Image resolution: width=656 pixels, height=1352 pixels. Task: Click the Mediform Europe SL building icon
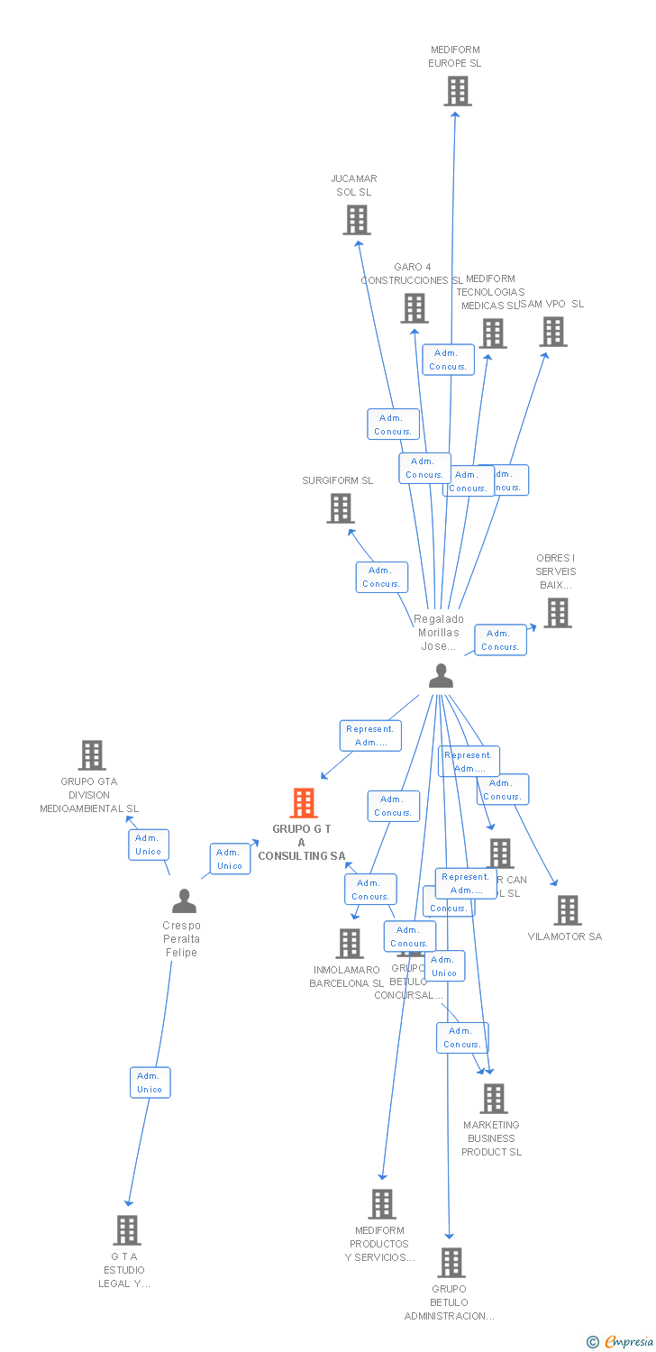458,91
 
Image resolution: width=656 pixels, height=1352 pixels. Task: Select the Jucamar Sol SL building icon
357,220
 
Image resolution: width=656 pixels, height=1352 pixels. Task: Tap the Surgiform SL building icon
341,509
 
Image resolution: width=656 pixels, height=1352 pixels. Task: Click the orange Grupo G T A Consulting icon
304,803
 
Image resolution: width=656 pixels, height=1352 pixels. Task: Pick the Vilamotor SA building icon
568,910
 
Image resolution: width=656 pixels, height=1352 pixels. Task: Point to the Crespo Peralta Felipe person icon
184,900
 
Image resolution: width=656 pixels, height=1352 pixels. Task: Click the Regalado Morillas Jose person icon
441,676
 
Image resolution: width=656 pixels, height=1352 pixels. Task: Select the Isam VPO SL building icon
553,332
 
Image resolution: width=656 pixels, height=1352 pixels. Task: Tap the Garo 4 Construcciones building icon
415,308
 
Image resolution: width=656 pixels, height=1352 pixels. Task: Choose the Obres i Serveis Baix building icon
557,613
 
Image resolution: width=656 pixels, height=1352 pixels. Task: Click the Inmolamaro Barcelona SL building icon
350,944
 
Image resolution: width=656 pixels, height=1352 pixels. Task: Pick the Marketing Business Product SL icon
494,1099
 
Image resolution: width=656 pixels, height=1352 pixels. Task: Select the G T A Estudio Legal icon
127,1230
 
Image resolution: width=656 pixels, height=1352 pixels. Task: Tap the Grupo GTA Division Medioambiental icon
92,755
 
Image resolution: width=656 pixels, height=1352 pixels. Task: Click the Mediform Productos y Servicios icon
382,1204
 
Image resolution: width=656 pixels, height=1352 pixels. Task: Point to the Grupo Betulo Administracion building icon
451,1263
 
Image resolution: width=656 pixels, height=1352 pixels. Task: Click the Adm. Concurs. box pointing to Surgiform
381,577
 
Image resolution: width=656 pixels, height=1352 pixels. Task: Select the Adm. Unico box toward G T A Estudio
150,1083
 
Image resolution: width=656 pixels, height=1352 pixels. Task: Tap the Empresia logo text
627,1342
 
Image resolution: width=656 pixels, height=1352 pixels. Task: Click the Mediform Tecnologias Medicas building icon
492,333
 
